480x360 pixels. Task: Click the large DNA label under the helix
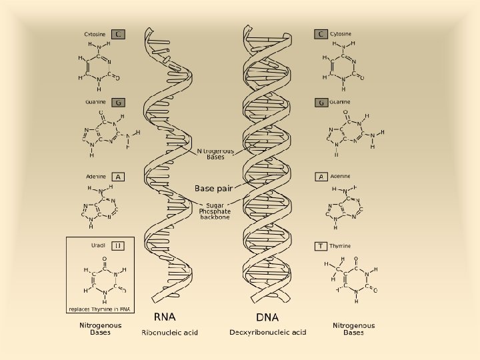pos(267,317)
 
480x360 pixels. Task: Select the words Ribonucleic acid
pos(169,332)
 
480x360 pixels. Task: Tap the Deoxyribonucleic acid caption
pos(268,332)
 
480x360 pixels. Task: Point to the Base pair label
pos(213,189)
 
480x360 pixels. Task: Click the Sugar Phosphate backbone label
pos(215,211)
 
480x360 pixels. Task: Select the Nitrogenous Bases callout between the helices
pos(215,155)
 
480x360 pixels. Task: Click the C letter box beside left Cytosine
pos(118,34)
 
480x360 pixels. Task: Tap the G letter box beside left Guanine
pos(118,103)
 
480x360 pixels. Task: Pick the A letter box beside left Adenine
pos(118,177)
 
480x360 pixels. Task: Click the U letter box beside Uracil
pos(118,245)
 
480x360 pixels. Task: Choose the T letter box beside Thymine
pos(321,246)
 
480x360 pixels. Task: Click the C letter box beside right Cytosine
pos(321,34)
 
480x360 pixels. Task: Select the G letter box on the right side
pos(321,103)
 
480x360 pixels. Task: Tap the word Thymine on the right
pos(340,246)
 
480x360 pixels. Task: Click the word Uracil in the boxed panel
pos(99,245)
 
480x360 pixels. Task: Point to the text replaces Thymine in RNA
pos(99,309)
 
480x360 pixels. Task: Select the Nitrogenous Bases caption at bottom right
pos(353,329)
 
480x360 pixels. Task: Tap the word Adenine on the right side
pos(341,177)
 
